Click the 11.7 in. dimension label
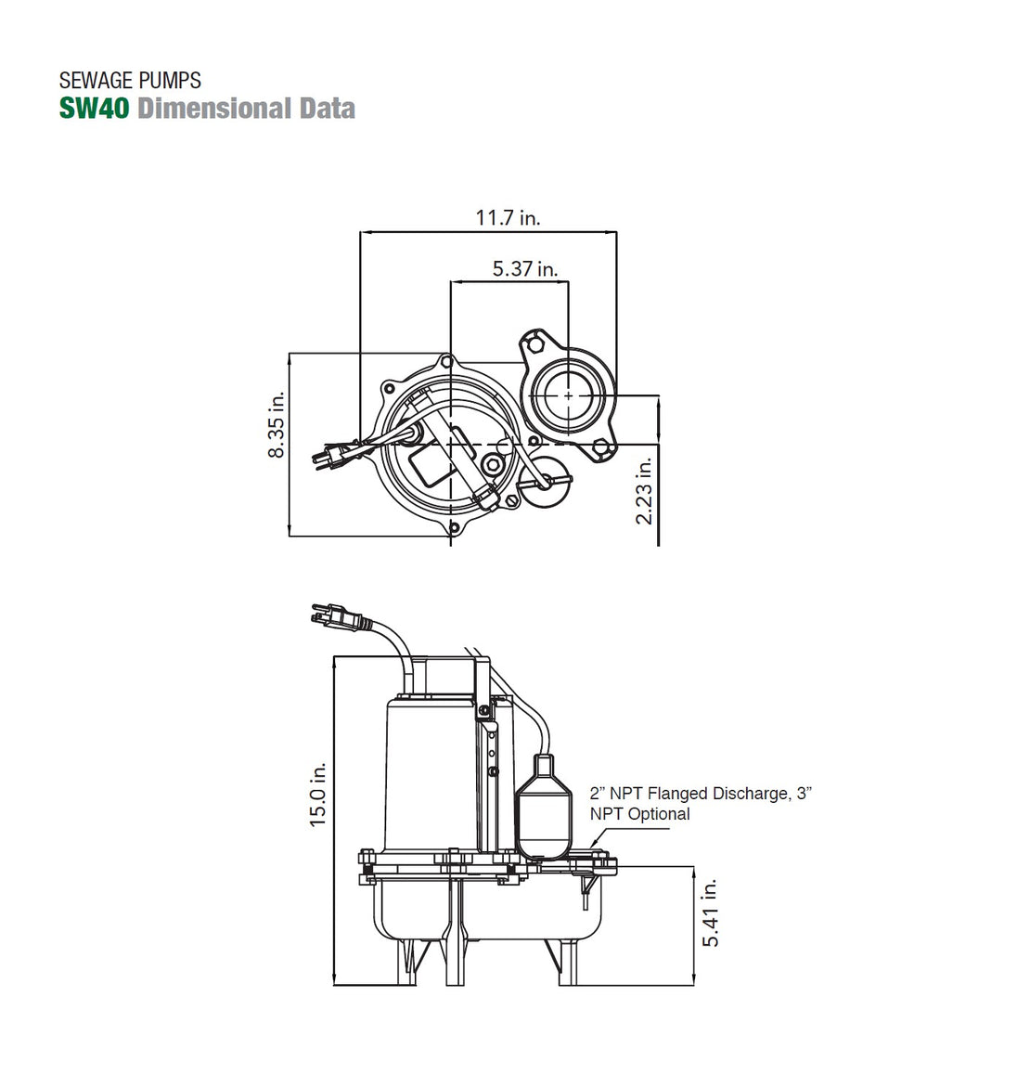coord(508,218)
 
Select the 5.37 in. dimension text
coord(525,269)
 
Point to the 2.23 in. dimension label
coord(645,488)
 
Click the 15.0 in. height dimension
coord(318,796)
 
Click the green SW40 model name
coord(96,109)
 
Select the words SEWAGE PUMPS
coord(130,81)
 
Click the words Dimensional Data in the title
coord(246,109)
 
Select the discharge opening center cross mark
coord(568,395)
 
